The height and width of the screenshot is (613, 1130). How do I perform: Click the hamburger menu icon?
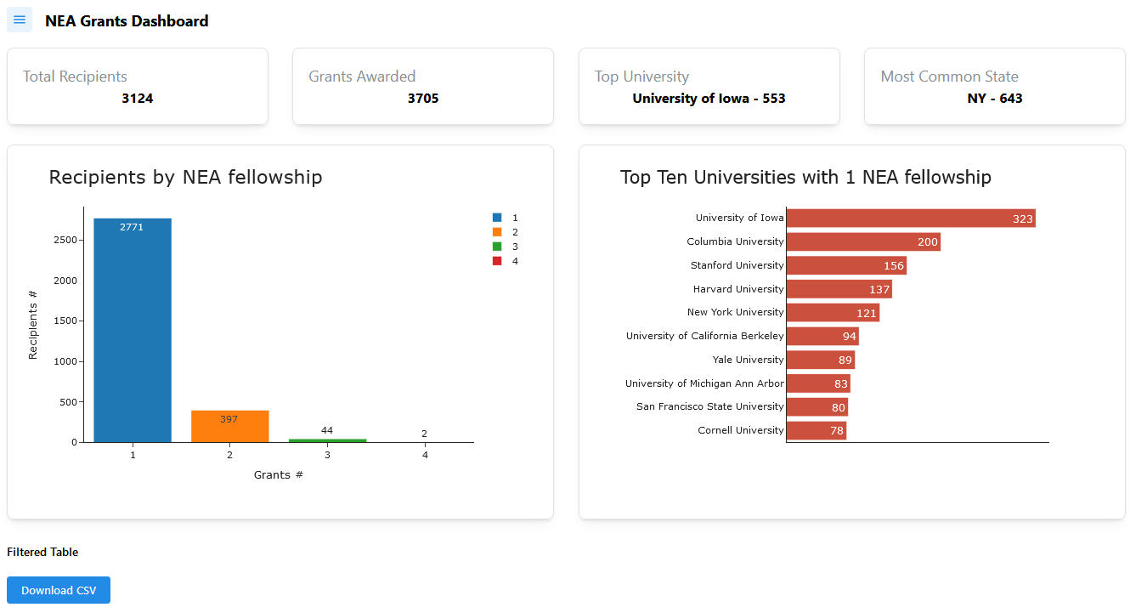click(20, 20)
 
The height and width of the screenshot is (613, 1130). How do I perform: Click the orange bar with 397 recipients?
click(229, 427)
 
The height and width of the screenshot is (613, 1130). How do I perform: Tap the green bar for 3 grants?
click(327, 440)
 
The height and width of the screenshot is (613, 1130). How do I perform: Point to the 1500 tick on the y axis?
click(68, 321)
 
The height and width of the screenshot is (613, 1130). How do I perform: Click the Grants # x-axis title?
click(278, 474)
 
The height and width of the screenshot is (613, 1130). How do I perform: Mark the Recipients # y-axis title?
click(33, 325)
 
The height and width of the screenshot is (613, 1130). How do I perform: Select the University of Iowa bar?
click(910, 219)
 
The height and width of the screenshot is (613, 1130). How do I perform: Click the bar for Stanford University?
click(846, 265)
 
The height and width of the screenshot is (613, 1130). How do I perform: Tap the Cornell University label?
click(741, 430)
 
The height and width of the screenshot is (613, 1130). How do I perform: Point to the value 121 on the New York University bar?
click(866, 313)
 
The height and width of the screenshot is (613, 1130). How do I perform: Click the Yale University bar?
click(820, 360)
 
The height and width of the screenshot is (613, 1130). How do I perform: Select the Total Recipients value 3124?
click(138, 99)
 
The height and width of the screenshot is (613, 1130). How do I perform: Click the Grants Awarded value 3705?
click(423, 99)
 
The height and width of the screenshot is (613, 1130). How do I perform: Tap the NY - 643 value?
click(995, 99)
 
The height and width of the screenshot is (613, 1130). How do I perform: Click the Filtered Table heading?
click(42, 552)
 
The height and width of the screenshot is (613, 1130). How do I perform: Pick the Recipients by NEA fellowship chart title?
click(185, 177)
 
